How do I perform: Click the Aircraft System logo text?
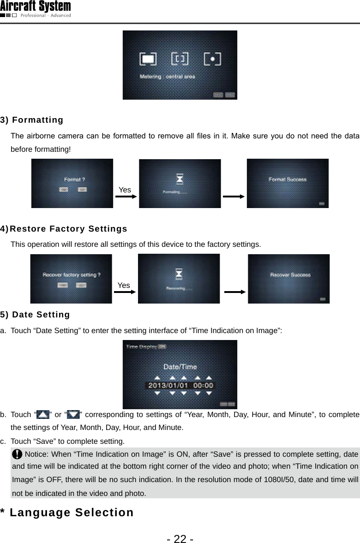pos(36,6)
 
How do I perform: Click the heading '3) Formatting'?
pos(32,120)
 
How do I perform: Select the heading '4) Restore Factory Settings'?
pos(64,229)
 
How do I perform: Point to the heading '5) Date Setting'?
pos(35,315)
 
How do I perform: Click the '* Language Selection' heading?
pos(67,513)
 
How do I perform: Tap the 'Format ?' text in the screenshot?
pos(74,179)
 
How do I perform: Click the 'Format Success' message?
pos(288,179)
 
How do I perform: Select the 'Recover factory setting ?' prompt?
pos(72,274)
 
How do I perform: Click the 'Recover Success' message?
pos(290,274)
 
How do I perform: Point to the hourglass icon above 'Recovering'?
pos(179,275)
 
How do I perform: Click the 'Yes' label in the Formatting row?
pos(125,190)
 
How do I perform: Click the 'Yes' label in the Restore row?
pos(124,285)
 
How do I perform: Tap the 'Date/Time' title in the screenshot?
pos(180,367)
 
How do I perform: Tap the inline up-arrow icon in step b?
pos(42,415)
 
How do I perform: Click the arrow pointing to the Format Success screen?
pos(234,197)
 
